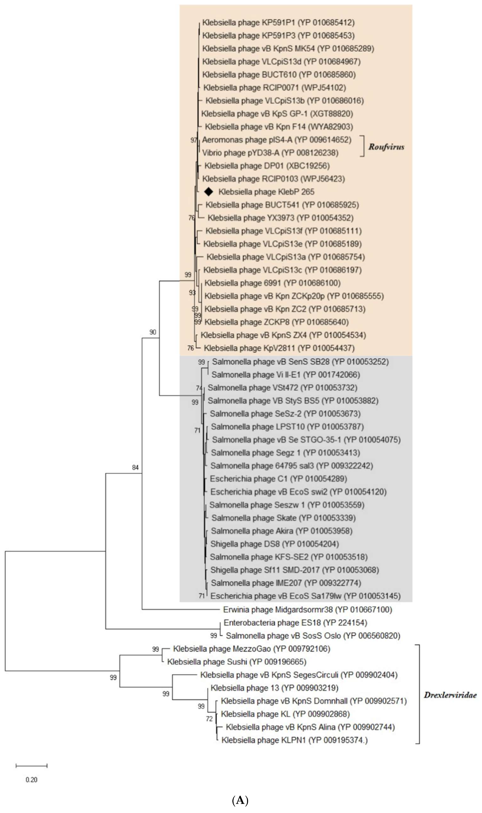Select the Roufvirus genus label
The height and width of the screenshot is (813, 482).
tap(386, 147)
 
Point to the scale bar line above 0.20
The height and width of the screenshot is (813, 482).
tap(31, 766)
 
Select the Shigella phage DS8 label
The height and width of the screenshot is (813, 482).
tap(275, 544)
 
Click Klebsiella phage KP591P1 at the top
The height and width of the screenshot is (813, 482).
tap(278, 22)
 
